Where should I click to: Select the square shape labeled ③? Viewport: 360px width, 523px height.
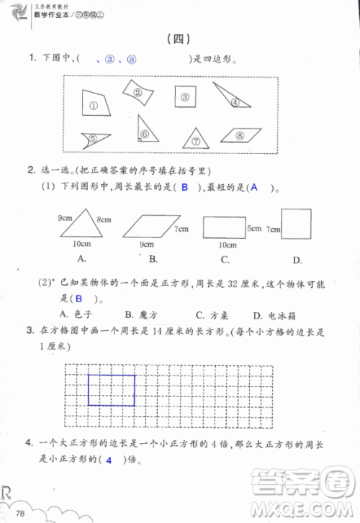tap(184, 97)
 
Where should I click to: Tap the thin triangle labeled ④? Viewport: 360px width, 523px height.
tap(233, 99)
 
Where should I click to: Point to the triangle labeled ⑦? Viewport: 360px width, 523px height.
tap(193, 139)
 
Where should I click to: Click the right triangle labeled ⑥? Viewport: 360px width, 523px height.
tap(145, 130)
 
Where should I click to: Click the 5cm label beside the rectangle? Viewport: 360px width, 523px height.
tap(253, 229)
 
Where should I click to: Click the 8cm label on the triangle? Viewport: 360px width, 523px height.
tap(103, 219)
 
